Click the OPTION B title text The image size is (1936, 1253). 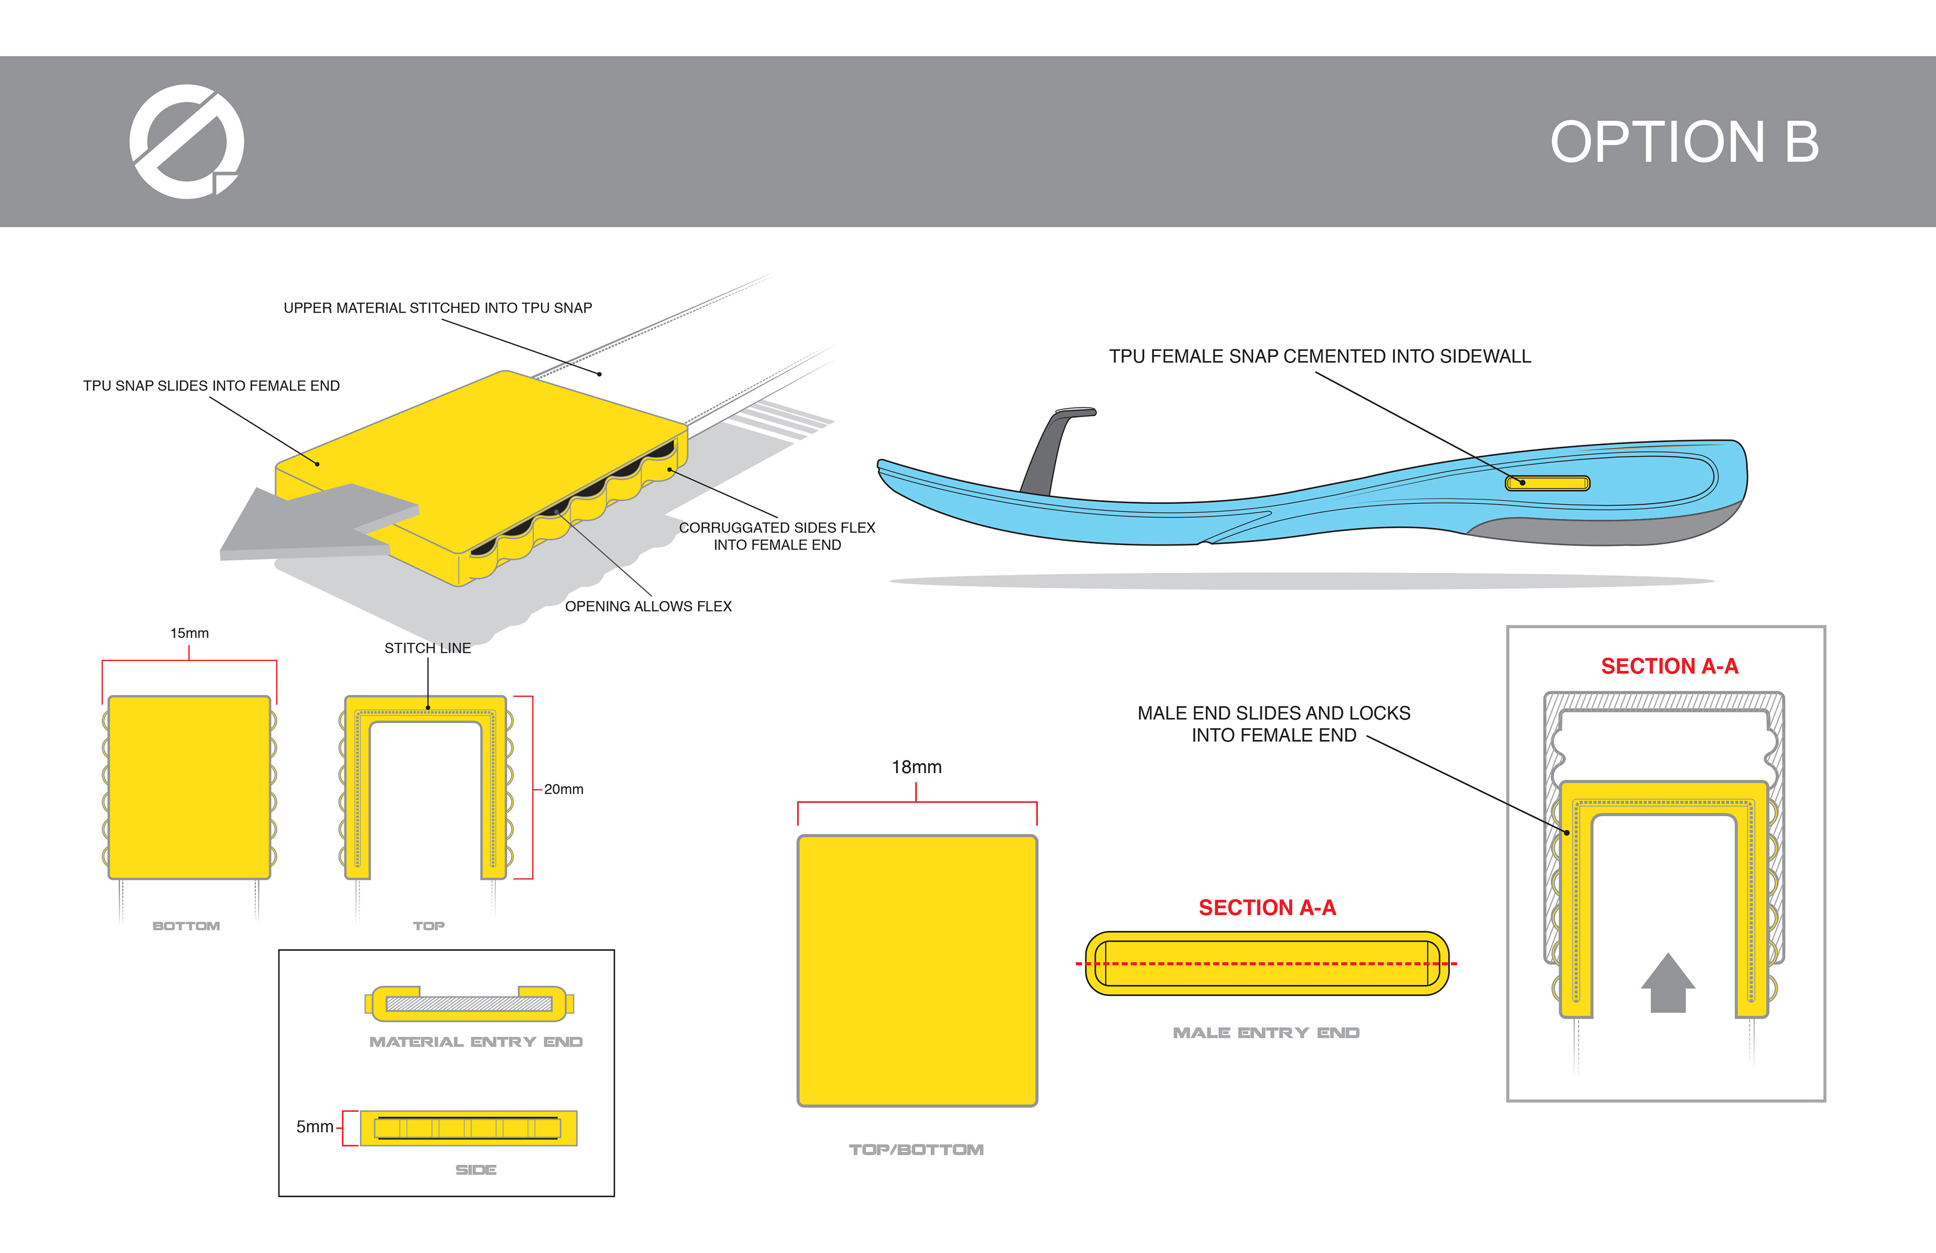pyautogui.click(x=1684, y=142)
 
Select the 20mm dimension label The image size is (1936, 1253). pyautogui.click(x=563, y=789)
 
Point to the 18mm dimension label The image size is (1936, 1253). pyautogui.click(x=916, y=767)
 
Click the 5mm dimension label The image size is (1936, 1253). pyautogui.click(x=315, y=1127)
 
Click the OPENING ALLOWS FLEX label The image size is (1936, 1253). pyautogui.click(x=648, y=606)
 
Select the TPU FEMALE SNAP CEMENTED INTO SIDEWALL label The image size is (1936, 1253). pyautogui.click(x=1319, y=356)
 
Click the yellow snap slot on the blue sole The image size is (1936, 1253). pyautogui.click(x=1547, y=483)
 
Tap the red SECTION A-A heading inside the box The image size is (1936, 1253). pyautogui.click(x=1669, y=667)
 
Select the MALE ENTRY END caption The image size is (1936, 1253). pyautogui.click(x=1266, y=1033)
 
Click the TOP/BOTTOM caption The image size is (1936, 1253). pyautogui.click(x=916, y=1150)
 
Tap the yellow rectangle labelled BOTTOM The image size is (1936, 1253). pyautogui.click(x=189, y=787)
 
